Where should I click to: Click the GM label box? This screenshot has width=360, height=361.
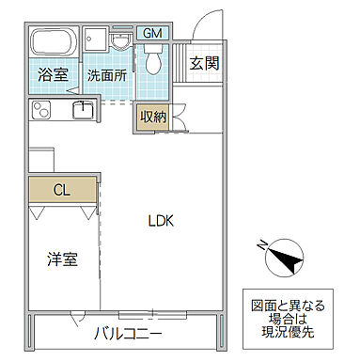pos(152,34)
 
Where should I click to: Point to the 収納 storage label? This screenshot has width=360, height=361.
pos(153,117)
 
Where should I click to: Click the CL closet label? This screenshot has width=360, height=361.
pos(61,190)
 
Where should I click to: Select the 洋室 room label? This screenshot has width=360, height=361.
pos(62,259)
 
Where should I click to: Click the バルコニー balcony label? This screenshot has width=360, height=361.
pos(128,334)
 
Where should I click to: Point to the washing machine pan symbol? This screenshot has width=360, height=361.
pos(95,41)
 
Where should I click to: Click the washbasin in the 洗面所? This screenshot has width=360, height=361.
pos(121,42)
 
